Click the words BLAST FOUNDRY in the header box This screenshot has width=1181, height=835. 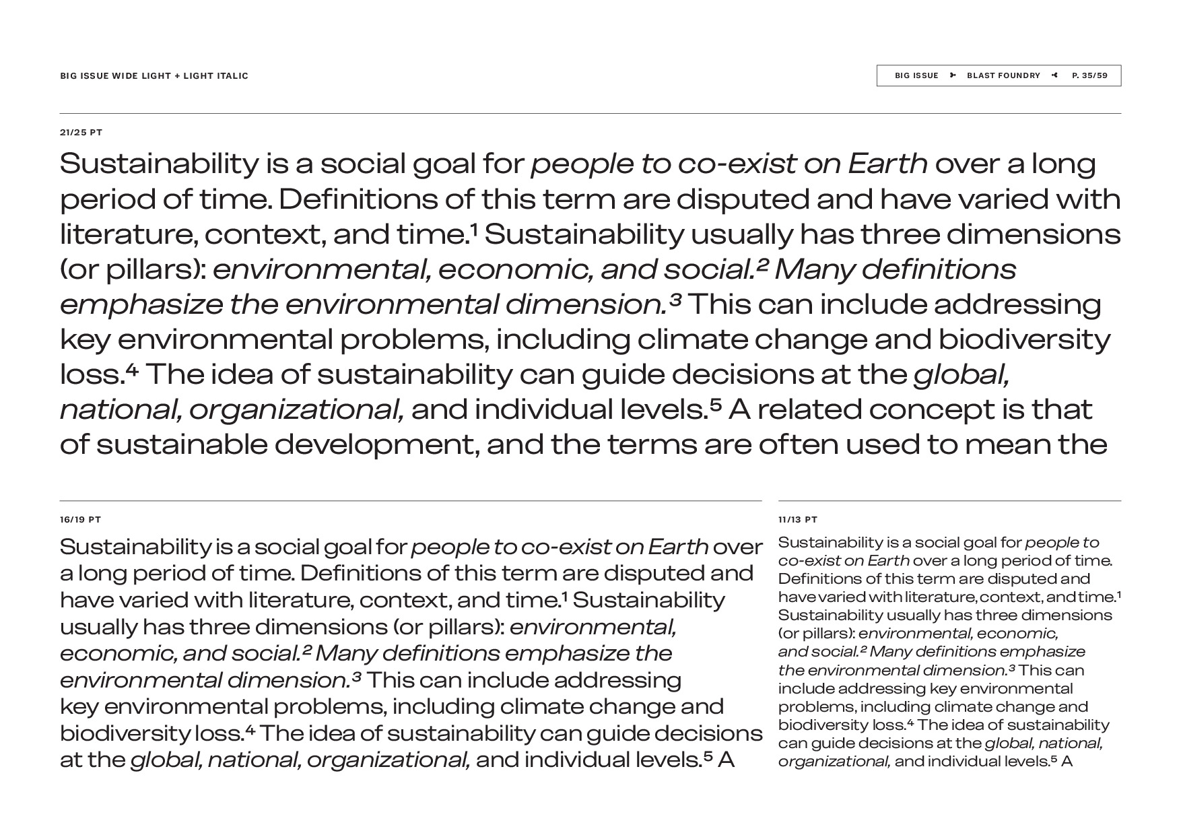pyautogui.click(x=1003, y=75)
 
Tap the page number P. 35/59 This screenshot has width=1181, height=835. pyautogui.click(x=1089, y=75)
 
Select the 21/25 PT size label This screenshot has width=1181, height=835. pyautogui.click(x=81, y=133)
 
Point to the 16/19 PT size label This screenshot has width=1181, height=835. pyautogui.click(x=80, y=520)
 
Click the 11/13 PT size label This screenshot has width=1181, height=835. pyautogui.click(x=798, y=520)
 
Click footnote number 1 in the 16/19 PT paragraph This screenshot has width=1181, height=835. pyautogui.click(x=564, y=595)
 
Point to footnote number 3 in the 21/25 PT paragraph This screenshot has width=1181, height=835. pyautogui.click(x=676, y=298)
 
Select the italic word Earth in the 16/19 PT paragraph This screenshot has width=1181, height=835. pyautogui.click(x=677, y=547)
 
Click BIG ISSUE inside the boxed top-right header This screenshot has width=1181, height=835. pyautogui.click(x=916, y=75)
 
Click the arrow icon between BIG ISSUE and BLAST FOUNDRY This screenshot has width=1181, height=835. pyautogui.click(x=953, y=75)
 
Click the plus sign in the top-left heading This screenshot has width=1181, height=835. pyautogui.click(x=177, y=76)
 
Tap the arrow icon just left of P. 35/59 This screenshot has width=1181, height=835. pyautogui.click(x=1055, y=75)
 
